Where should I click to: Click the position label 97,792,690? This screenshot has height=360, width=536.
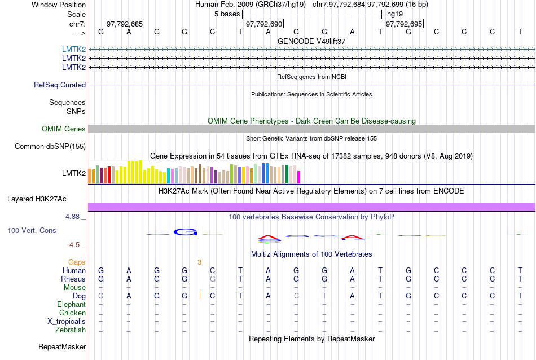click(x=263, y=24)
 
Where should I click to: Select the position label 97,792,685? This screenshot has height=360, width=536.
click(x=125, y=24)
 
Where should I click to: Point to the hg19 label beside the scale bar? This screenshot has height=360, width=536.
click(x=395, y=14)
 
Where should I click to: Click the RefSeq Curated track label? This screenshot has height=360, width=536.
click(x=60, y=85)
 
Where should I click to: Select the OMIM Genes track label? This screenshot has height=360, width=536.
click(x=64, y=129)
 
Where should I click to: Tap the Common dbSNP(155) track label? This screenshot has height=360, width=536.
click(x=50, y=147)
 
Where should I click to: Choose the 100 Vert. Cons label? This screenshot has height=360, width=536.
click(x=32, y=231)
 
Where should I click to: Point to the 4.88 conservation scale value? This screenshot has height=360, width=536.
click(x=74, y=216)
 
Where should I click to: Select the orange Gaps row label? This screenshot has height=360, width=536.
click(x=77, y=262)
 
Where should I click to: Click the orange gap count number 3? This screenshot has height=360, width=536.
click(x=199, y=262)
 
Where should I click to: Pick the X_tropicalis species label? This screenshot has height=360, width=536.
click(x=67, y=322)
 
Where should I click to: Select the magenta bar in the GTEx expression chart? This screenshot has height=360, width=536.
click(x=299, y=177)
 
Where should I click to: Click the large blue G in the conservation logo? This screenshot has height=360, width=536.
click(x=184, y=231)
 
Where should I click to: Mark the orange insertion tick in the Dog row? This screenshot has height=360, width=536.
click(x=200, y=295)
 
